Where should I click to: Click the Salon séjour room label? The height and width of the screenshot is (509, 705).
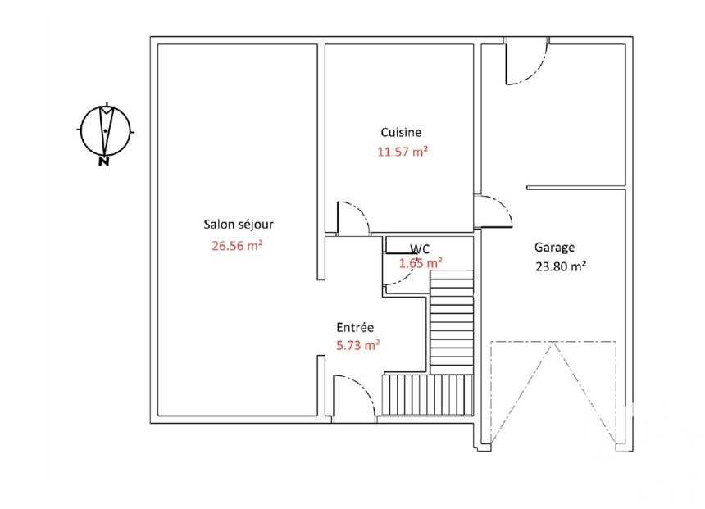coord(239,224)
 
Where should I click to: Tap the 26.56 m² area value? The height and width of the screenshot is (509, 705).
coord(237,246)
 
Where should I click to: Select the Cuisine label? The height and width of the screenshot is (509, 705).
coord(401,132)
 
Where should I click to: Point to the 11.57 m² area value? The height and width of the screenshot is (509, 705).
coord(402,152)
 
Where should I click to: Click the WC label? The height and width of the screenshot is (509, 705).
coord(420,248)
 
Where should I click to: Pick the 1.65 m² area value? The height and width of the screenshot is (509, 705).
coord(421,262)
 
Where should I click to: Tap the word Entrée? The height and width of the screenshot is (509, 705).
coord(355,327)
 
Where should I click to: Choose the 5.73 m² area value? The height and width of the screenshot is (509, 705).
coord(358,345)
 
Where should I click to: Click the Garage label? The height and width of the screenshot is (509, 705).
coord(554,248)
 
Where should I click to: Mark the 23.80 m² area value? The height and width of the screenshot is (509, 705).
coord(560,266)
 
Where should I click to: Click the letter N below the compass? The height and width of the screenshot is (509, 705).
coord(104,161)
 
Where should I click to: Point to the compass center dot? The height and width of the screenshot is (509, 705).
coord(105,131)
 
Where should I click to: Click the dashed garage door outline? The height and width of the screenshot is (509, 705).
coord(553,393)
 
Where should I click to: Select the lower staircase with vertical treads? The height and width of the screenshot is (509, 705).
coord(428,394)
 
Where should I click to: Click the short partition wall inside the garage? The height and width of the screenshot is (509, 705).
coord(576,188)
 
